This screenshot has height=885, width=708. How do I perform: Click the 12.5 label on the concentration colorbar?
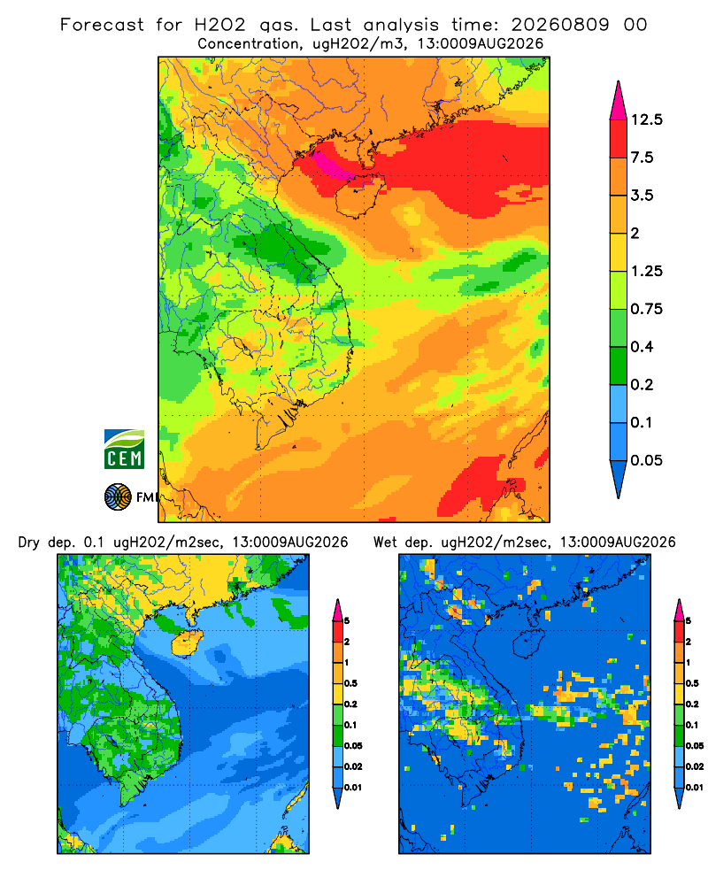tap(646, 119)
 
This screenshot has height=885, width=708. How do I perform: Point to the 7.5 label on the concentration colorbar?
tap(642, 158)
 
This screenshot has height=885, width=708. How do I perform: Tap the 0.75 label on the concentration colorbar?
tap(646, 309)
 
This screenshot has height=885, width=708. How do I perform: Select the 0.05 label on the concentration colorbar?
tap(646, 460)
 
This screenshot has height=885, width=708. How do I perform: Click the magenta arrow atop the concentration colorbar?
tap(619, 102)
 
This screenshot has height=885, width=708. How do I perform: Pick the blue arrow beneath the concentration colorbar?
tap(619, 478)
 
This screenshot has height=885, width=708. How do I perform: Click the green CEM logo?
tap(124, 450)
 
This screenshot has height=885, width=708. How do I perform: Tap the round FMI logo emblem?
tap(118, 497)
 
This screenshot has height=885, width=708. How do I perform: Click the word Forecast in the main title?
tap(102, 25)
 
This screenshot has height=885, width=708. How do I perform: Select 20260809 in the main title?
tap(560, 25)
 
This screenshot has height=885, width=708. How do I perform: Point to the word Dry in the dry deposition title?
tap(29, 543)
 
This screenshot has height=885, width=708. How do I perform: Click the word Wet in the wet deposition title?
tap(386, 543)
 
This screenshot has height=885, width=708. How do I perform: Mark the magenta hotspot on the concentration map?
tap(332, 165)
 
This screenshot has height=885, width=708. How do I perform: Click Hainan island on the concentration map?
tap(359, 195)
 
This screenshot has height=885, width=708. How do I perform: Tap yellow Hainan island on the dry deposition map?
tap(188, 643)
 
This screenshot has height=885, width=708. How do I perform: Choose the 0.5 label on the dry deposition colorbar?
tap(350, 683)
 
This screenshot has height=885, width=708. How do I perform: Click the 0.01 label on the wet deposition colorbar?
tap(695, 788)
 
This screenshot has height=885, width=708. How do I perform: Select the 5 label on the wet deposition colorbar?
tap(689, 621)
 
